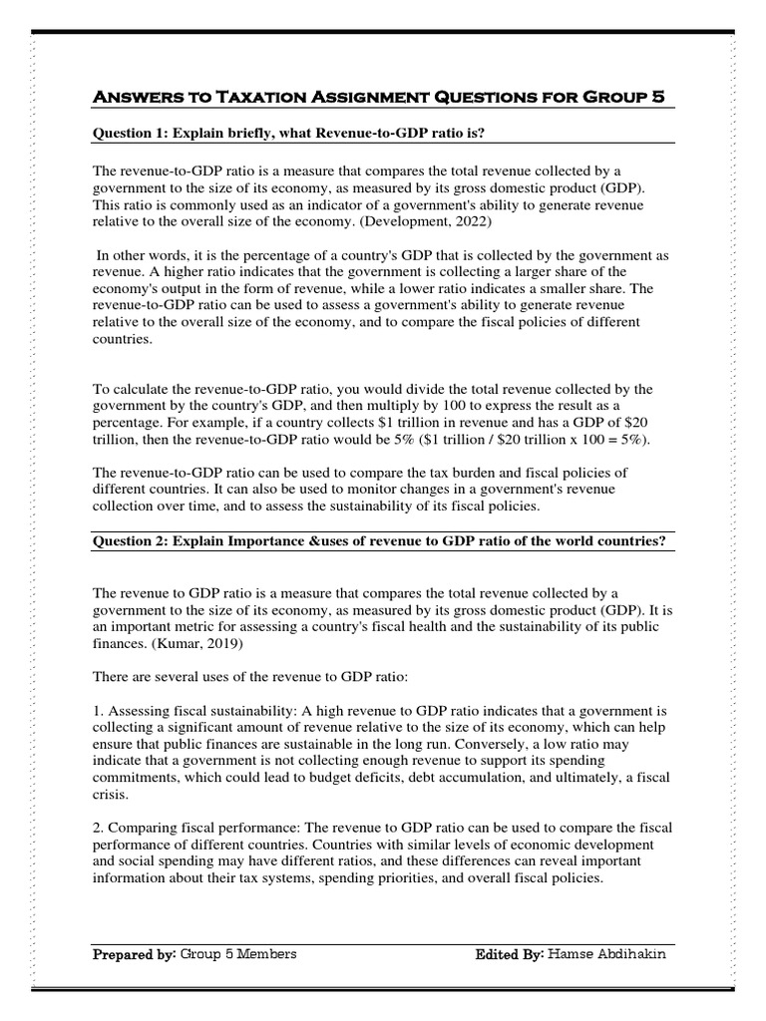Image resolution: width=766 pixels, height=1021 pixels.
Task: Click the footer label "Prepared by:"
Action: (134, 954)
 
